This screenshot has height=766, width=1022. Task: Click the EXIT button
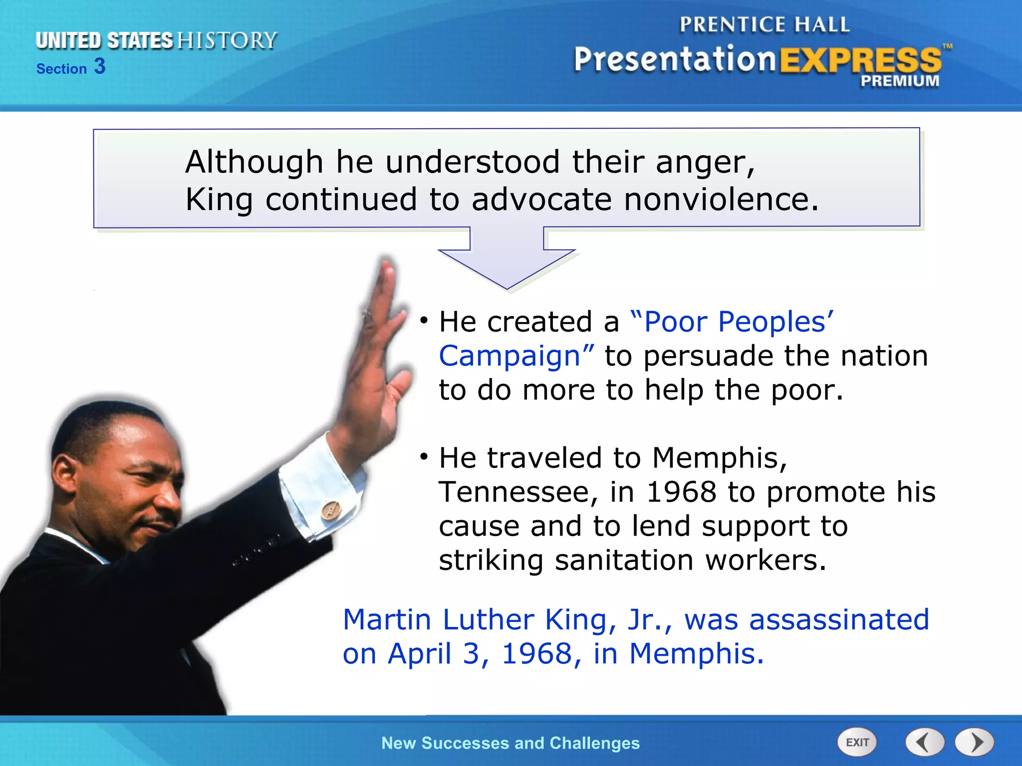(x=857, y=743)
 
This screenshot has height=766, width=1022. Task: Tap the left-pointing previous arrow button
(x=925, y=743)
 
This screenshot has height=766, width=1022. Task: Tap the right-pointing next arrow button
(x=975, y=743)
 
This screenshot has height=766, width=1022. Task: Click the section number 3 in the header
(x=100, y=66)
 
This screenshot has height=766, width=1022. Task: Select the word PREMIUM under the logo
(x=900, y=81)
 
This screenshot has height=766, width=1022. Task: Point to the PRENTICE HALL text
(x=764, y=24)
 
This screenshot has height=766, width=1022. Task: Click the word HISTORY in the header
(x=227, y=40)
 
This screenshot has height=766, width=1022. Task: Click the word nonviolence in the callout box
(x=715, y=200)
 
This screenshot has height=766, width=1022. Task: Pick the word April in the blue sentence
(x=419, y=654)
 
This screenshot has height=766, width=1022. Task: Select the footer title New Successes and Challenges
(x=510, y=743)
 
